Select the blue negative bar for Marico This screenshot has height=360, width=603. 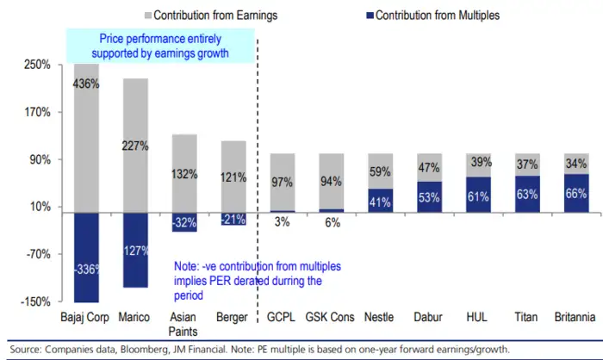pos(135,250)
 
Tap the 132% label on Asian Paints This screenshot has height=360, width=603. pos(184,174)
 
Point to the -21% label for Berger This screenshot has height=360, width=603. pos(233,220)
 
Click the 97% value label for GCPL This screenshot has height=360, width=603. pos(283,183)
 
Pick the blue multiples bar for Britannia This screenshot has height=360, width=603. pos(577,194)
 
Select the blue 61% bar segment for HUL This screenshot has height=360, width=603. pos(479,196)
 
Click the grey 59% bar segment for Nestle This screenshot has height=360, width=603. pos(381,172)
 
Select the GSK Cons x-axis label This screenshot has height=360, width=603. pos(330,317)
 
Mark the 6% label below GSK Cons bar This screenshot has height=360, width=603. pos(332,222)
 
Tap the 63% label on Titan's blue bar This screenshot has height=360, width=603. pos(528,196)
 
